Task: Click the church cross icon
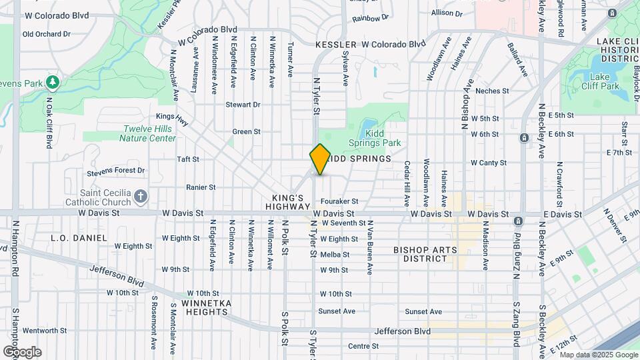click(x=140, y=196)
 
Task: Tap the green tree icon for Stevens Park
click(x=53, y=83)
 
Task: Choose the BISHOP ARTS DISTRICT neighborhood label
click(x=425, y=254)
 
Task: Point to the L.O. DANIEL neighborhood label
click(x=79, y=237)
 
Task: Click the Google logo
click(x=22, y=351)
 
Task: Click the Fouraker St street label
click(x=339, y=201)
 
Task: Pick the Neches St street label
click(x=493, y=91)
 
